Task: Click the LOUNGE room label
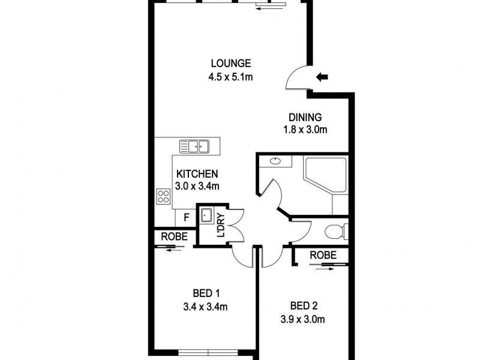(x=230, y=64)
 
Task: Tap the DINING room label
(x=305, y=118)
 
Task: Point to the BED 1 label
(x=206, y=293)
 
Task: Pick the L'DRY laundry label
(x=221, y=224)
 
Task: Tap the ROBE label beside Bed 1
(x=173, y=237)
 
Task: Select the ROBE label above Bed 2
(x=323, y=256)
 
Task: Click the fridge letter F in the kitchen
(x=186, y=218)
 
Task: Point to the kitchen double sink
(x=193, y=146)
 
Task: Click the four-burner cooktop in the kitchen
(x=163, y=196)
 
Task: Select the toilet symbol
(x=334, y=230)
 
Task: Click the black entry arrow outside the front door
(x=322, y=76)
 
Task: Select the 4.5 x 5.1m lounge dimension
(x=230, y=77)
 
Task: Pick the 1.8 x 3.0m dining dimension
(x=305, y=130)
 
